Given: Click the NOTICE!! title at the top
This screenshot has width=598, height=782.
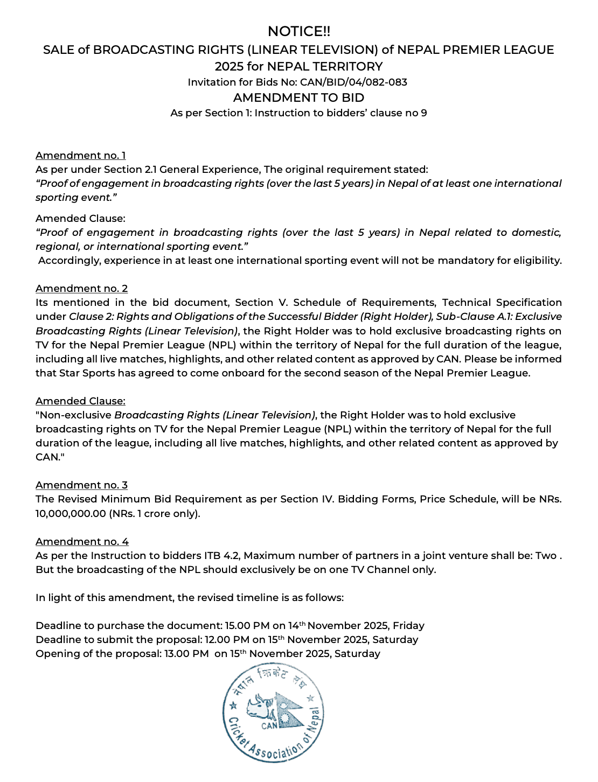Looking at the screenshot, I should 298,31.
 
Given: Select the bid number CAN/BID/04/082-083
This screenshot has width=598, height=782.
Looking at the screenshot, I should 353,82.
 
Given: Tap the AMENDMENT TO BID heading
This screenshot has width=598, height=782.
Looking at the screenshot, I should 298,98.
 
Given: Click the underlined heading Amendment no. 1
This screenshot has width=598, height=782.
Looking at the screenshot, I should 80,156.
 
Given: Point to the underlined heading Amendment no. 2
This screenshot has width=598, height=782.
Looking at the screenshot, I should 81,289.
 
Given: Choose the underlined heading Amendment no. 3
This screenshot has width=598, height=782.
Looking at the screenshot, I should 81,485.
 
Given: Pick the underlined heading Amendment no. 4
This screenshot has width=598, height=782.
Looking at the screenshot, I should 82,542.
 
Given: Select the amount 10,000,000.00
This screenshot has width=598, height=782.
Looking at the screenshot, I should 71,514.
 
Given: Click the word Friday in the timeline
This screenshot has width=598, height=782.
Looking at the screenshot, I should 408,626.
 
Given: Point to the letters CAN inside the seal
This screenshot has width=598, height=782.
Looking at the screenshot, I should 269,725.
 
